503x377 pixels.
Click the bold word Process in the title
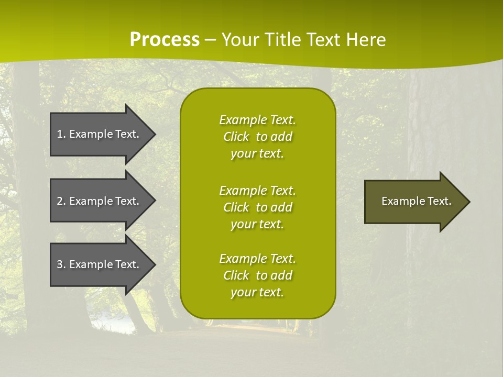pos(165,40)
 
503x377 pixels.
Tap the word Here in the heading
pos(366,40)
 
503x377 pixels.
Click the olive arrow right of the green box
pos(414,202)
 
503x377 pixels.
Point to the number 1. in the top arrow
pos(61,134)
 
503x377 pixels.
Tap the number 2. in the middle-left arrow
pos(61,201)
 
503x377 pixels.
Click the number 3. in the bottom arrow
pos(61,264)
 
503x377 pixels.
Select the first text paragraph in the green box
pos(257,137)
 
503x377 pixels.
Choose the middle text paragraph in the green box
pos(257,207)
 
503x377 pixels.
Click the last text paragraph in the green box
pos(257,275)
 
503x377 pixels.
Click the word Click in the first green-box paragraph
pos(236,137)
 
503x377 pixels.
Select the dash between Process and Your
pos(210,40)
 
